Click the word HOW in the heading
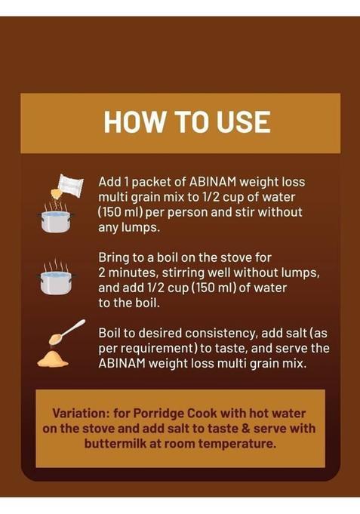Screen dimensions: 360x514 (x=134, y=122)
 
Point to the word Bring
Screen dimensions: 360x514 (x=114, y=258)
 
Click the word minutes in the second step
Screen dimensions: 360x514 (x=133, y=272)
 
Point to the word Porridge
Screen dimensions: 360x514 (x=158, y=414)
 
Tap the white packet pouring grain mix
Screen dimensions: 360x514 (x=69, y=186)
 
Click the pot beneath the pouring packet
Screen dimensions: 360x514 (x=55, y=221)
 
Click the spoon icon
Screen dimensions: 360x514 (x=67, y=332)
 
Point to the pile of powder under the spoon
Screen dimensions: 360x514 (x=53, y=359)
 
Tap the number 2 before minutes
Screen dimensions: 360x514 (x=102, y=272)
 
